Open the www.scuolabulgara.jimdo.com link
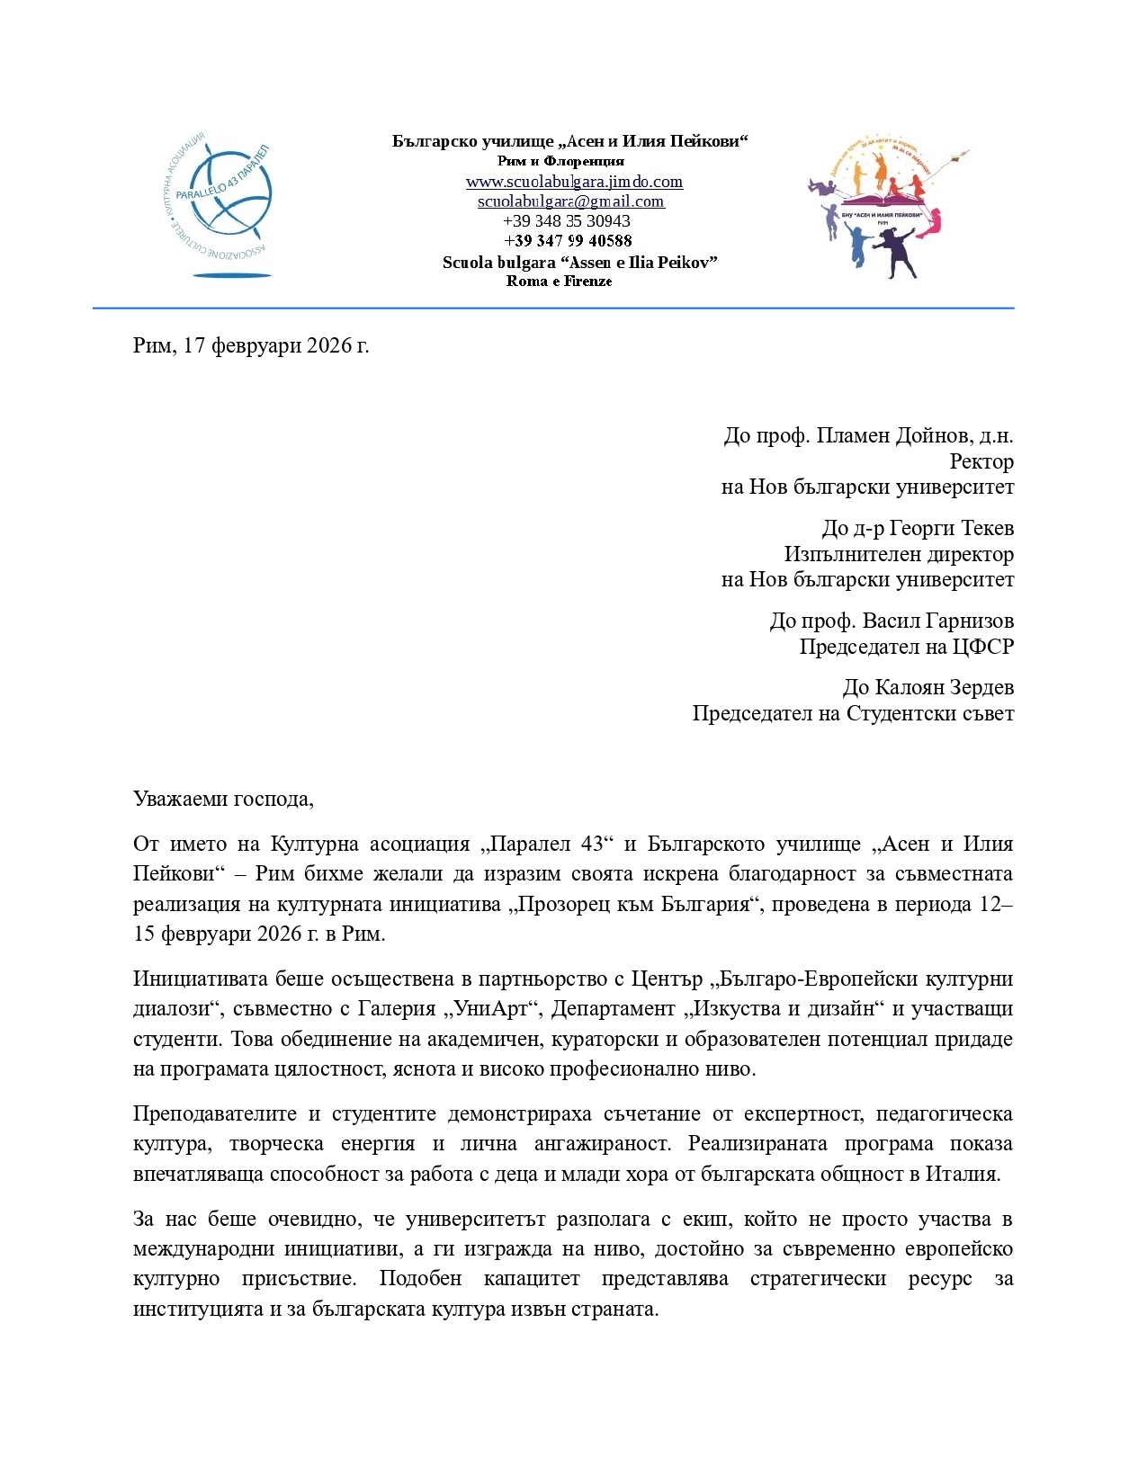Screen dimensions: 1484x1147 click(574, 182)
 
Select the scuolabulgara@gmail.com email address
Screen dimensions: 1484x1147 click(570, 201)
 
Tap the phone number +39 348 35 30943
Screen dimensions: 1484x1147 click(567, 221)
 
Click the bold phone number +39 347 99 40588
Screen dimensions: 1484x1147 click(568, 241)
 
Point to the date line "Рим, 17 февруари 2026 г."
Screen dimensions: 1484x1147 click(251, 345)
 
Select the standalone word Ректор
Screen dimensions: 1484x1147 click(981, 462)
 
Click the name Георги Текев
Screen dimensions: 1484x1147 click(951, 528)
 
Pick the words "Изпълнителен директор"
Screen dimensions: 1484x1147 click(899, 554)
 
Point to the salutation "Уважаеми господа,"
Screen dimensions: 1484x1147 click(223, 799)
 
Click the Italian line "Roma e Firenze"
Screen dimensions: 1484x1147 click(559, 282)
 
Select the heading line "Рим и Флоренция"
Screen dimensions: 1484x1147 click(560, 161)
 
